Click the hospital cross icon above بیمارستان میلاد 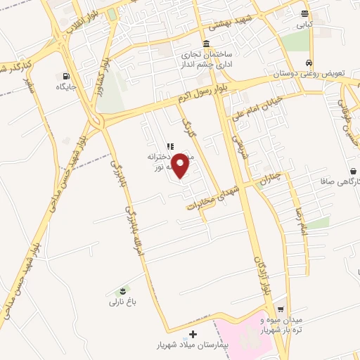click(193, 333)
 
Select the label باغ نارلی click(120, 303)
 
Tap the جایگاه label click(65, 87)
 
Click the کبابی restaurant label click(303, 25)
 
